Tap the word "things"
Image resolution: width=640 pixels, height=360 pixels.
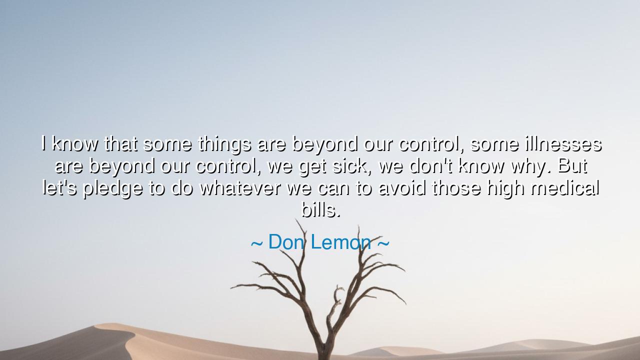pos(225,145)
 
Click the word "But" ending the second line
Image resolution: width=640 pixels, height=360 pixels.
pos(572,165)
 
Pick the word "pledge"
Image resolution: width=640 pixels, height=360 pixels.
pos(113,189)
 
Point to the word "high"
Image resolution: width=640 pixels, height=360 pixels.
pos(505,189)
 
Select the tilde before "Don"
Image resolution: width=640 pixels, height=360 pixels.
pos(256,243)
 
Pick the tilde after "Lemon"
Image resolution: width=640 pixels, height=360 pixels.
pos(383,243)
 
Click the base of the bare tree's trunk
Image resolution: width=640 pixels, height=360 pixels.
pos(323,357)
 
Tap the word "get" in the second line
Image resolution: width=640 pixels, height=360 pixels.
pos(312,167)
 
